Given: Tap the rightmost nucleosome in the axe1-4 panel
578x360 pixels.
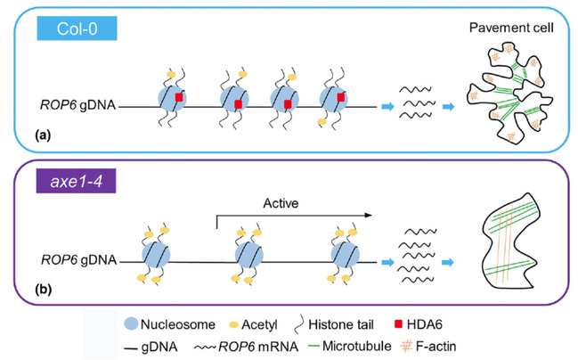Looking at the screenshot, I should point(345,258).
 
